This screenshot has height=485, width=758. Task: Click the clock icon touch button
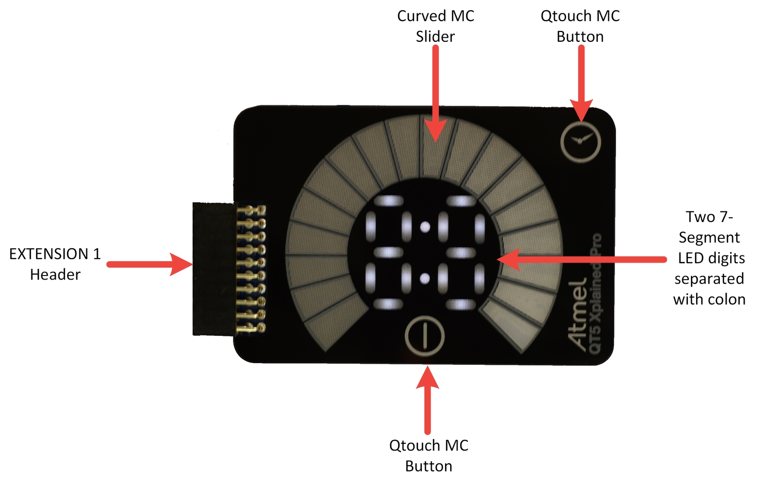581,141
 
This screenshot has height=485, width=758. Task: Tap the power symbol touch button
424,336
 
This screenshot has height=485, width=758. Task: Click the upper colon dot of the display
425,227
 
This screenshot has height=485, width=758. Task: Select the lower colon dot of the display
424,279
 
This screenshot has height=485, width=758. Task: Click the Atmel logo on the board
576,314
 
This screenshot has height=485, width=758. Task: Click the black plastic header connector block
213,269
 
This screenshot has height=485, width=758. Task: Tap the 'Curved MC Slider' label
435,26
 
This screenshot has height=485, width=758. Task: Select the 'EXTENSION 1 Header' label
55,264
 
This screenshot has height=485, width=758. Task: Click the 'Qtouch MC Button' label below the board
429,456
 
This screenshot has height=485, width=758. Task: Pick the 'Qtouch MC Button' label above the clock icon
580,26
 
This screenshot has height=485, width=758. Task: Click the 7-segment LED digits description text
709,258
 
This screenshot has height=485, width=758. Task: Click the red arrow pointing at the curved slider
435,93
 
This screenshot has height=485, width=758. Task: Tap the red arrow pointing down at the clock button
581,83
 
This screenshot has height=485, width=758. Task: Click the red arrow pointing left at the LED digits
581,260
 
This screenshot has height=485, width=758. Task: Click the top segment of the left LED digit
389,201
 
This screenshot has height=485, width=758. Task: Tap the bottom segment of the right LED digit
461,304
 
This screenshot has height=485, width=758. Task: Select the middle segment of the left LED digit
389,252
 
